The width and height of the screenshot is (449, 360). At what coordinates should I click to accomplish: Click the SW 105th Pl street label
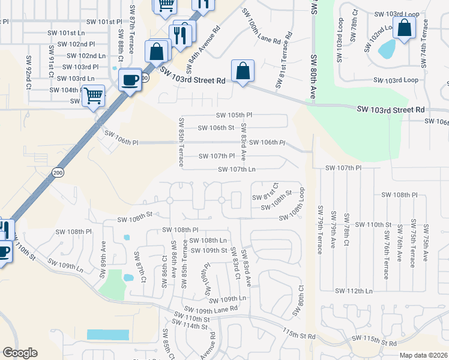pos(235,115)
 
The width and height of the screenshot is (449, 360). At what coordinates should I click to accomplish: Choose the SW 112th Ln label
pos(355,291)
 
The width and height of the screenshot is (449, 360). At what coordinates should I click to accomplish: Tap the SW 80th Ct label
pos(298,301)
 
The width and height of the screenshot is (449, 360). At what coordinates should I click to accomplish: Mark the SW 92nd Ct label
pos(28,72)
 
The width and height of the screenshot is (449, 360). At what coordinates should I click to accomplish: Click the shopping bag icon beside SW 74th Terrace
pos(404,28)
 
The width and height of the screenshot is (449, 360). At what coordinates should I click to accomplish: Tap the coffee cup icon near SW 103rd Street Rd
pos(130,80)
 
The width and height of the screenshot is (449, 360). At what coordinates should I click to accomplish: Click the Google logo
pos(20,353)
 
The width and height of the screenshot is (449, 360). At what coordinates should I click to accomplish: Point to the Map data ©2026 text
pos(423,355)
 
